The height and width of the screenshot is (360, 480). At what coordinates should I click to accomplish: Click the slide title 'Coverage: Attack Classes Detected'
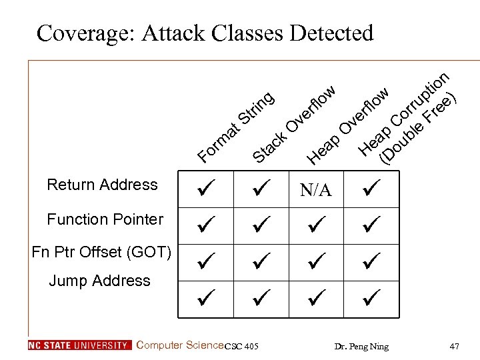pyautogui.click(x=205, y=33)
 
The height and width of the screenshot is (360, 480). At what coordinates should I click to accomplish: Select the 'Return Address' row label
pyautogui.click(x=102, y=185)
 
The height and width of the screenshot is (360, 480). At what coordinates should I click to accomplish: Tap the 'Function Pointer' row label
pyautogui.click(x=105, y=219)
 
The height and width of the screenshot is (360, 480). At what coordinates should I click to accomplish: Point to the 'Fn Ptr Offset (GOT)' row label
pyautogui.click(x=102, y=252)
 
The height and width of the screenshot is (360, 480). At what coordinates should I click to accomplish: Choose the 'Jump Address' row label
pyautogui.click(x=99, y=281)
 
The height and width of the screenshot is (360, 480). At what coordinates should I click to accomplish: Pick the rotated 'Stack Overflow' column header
pyautogui.click(x=293, y=124)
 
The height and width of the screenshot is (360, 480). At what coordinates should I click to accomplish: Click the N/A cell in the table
pyautogui.click(x=315, y=191)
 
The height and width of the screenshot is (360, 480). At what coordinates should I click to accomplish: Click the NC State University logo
pyautogui.click(x=80, y=345)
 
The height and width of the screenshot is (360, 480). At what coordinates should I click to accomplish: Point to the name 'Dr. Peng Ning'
pyautogui.click(x=361, y=346)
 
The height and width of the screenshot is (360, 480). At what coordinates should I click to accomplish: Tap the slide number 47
pyautogui.click(x=455, y=346)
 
